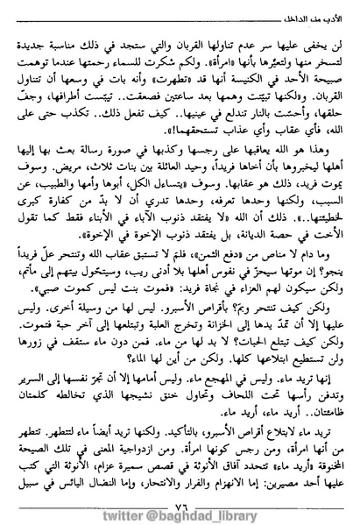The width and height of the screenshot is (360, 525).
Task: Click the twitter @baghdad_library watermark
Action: tap(180, 511)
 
